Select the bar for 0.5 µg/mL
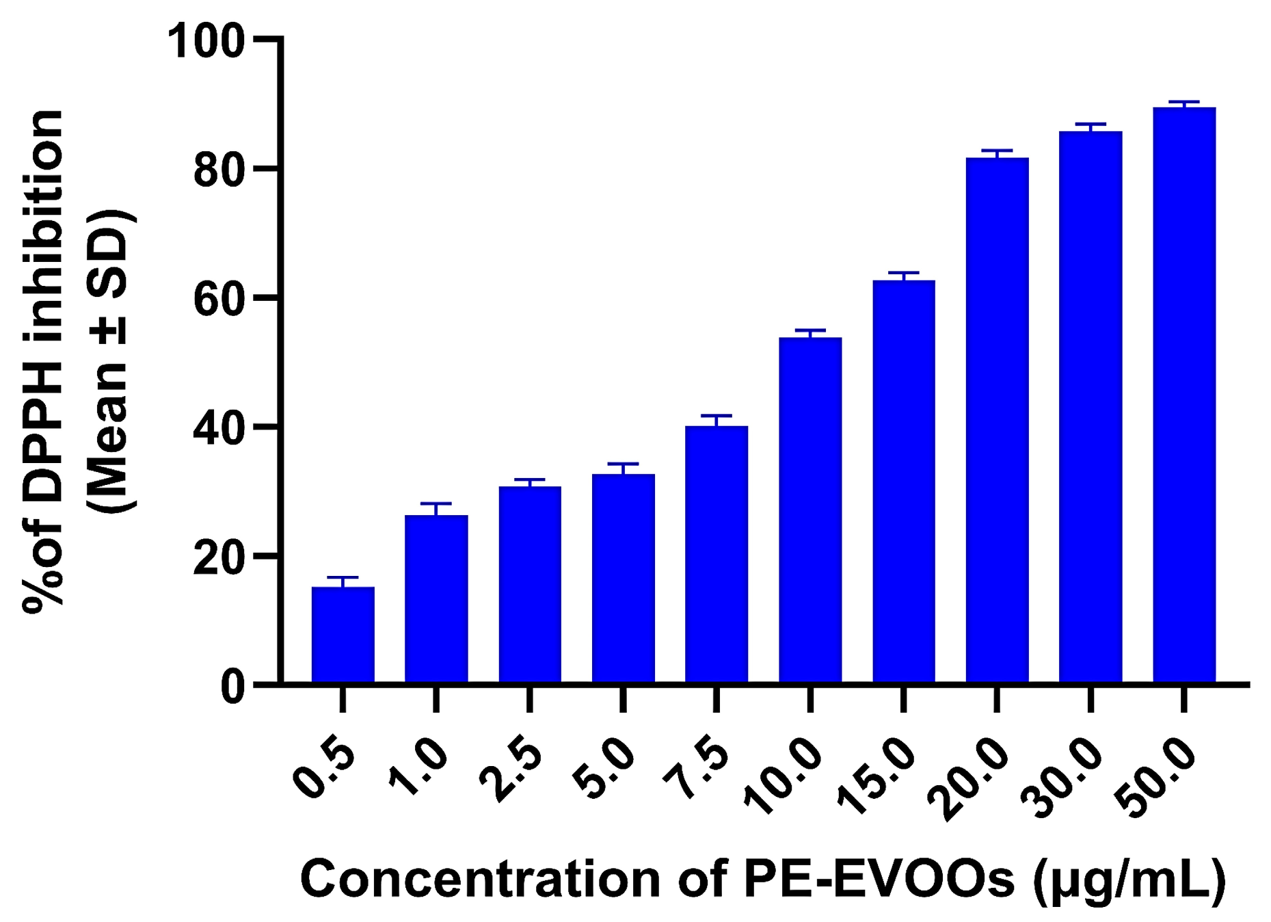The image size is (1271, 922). coord(343,634)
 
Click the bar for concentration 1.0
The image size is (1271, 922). coord(436,598)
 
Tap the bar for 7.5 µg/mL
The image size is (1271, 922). coord(717,554)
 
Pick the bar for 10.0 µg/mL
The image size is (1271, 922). coord(810,510)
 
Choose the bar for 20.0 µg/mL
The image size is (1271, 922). coord(997,420)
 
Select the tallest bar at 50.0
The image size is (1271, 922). coord(1184,395)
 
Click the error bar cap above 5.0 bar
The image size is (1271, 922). coord(623,464)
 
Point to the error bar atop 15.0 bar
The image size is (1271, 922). coord(903,274)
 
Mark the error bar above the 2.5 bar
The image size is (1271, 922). coord(530,481)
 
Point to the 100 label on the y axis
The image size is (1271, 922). coord(206,41)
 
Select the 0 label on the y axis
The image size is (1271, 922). coord(232,686)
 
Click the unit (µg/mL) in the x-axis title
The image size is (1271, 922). coord(1129,880)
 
